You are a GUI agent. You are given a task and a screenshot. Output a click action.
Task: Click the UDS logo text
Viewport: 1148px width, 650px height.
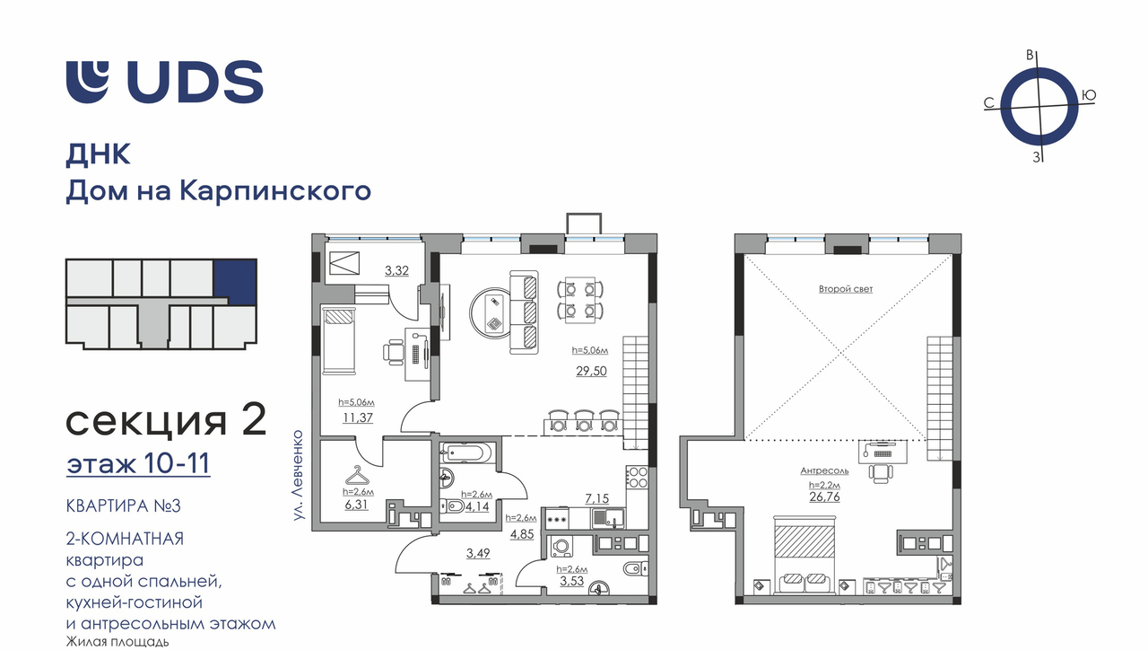tap(196, 82)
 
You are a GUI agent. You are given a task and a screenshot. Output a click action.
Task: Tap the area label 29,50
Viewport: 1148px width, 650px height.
tap(591, 371)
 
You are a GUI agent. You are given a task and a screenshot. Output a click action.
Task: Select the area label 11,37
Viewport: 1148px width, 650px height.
tap(358, 417)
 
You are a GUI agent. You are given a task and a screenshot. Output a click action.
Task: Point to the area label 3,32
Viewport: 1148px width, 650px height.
tap(397, 270)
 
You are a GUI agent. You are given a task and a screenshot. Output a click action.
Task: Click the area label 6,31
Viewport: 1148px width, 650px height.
tap(356, 505)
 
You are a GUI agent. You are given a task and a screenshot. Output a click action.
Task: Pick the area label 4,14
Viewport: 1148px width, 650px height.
tap(476, 507)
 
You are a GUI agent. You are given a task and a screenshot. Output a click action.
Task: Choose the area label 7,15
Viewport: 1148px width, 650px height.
tap(597, 498)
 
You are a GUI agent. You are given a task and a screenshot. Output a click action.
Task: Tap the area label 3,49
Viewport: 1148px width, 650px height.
tap(478, 553)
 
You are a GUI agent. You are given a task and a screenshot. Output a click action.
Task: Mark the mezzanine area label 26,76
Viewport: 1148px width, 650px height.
tap(824, 496)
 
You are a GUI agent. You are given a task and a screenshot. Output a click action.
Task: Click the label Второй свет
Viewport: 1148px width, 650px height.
tap(846, 289)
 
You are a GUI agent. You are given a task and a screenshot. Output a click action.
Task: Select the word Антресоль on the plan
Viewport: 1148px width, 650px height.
tap(824, 470)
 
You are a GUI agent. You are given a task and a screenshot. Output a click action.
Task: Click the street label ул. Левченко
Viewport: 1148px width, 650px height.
tap(299, 476)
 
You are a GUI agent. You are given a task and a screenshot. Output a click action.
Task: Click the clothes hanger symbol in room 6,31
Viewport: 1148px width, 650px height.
tap(357, 476)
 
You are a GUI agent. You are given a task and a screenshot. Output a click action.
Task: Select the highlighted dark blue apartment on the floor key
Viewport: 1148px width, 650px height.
tap(235, 281)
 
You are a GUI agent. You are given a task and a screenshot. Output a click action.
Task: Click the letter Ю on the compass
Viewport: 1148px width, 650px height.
tap(1089, 95)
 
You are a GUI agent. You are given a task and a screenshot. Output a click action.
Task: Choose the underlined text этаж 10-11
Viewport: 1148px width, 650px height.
tap(138, 463)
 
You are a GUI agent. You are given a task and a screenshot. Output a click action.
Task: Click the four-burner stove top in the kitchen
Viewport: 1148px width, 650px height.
tap(638, 477)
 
